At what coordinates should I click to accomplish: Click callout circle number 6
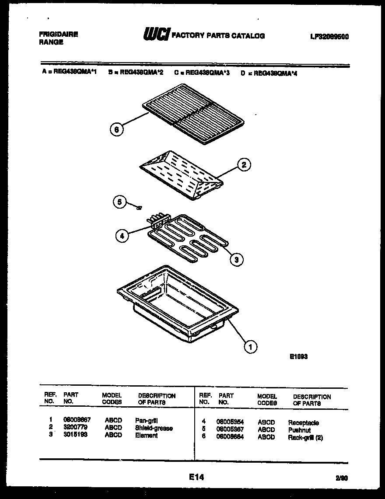pyautogui.click(x=116, y=129)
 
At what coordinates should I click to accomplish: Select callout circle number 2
pyautogui.click(x=244, y=165)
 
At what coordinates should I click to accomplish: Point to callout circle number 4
pyautogui.click(x=122, y=236)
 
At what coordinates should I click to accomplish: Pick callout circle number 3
pyautogui.click(x=236, y=259)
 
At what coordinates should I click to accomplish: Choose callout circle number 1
pyautogui.click(x=250, y=347)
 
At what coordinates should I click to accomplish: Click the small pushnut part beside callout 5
pyautogui.click(x=139, y=208)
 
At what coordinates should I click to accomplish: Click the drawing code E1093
pyautogui.click(x=298, y=356)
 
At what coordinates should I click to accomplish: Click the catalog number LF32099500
pyautogui.click(x=329, y=37)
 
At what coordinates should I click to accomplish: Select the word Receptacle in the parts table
pyautogui.click(x=303, y=422)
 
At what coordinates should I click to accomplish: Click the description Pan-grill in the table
pyautogui.click(x=147, y=420)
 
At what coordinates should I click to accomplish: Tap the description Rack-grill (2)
pyautogui.click(x=305, y=437)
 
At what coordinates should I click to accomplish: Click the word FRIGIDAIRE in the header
pyautogui.click(x=58, y=34)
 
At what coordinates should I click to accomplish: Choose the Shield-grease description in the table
pyautogui.click(x=154, y=428)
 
